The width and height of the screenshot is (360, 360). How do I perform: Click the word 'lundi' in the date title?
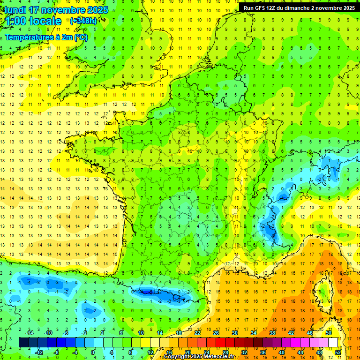coord(15,9)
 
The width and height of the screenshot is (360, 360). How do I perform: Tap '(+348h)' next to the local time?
coord(83,21)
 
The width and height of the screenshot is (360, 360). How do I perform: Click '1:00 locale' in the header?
coord(33,21)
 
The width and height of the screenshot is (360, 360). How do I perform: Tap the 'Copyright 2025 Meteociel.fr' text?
coord(199,357)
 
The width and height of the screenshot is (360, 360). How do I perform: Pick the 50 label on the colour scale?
coord(328,333)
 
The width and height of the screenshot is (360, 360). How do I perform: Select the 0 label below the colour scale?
coord(92,352)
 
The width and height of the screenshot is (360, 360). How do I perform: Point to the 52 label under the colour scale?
coord(338,352)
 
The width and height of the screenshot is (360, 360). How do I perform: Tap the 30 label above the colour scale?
coord(234,333)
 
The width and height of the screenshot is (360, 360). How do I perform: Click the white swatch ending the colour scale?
coord(333,342)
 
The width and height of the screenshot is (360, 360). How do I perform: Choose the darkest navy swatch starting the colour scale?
coord(23,342)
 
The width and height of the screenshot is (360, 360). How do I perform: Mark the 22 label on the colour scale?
coord(197,333)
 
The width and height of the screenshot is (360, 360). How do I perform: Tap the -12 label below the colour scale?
coord(40,352)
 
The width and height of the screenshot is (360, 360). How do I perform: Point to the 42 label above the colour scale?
coord(290,333)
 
